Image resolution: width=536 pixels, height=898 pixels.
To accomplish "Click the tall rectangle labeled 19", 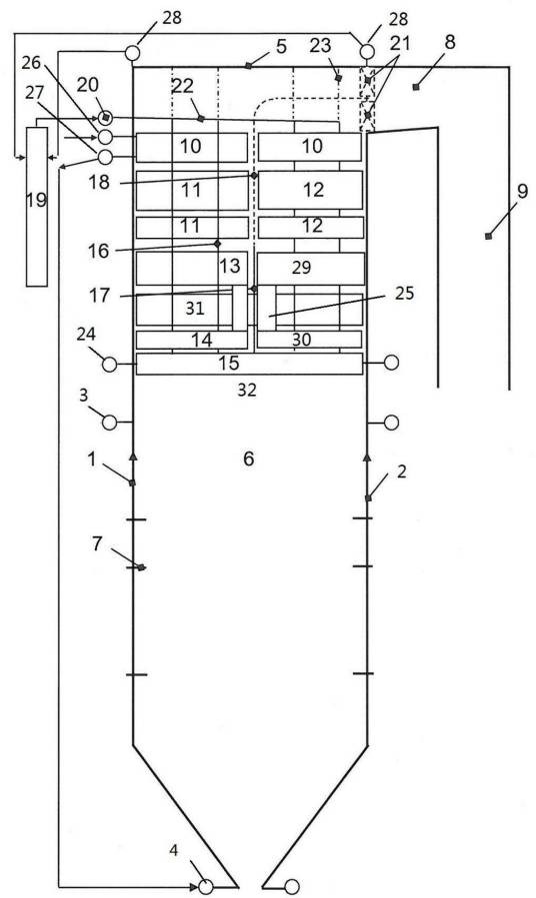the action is (x=37, y=207).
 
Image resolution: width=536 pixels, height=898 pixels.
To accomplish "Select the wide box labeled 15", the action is (x=249, y=364).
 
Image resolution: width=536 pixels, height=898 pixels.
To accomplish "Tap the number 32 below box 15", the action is (x=247, y=390).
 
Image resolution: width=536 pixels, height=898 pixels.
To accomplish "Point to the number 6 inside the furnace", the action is (x=249, y=458).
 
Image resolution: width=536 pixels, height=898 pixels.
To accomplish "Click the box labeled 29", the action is (x=311, y=268).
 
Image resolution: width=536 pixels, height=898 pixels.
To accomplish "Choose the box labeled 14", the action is (x=191, y=340).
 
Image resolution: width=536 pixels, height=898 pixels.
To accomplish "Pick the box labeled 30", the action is (x=310, y=340).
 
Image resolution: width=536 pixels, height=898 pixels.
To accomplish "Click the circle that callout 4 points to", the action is (x=206, y=887).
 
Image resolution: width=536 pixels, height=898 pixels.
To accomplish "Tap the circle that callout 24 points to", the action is (x=109, y=364).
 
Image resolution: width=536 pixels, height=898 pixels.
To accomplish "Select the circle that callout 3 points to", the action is (x=109, y=423).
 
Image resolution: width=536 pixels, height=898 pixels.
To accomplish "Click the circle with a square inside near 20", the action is (x=105, y=118).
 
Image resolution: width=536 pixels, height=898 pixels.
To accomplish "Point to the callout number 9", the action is (x=522, y=191).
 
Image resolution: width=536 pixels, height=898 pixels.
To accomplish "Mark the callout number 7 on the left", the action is (x=98, y=543).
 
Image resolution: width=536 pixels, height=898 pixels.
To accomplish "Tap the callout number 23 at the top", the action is (x=320, y=45).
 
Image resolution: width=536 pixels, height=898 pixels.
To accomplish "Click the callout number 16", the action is (x=99, y=251).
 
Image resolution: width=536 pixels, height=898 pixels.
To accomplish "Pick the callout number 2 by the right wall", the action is (x=401, y=471).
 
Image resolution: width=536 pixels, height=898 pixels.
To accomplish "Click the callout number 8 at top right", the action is (x=450, y=43).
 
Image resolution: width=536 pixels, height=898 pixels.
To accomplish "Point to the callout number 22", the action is (x=182, y=87).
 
